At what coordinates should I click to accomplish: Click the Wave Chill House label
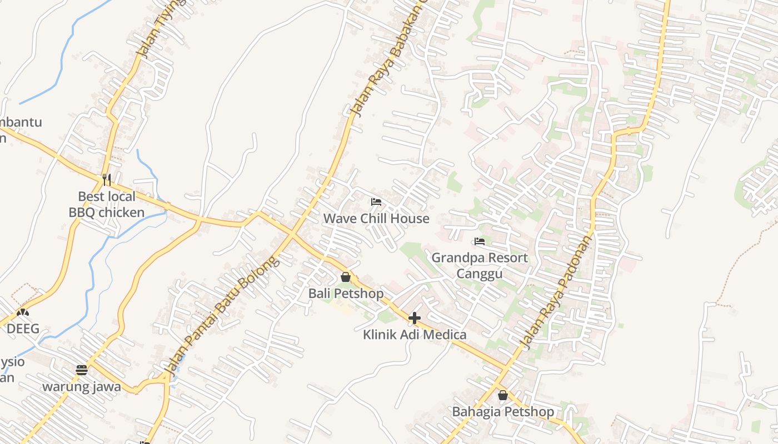(x=376, y=218)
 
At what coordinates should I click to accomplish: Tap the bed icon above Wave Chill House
(x=376, y=201)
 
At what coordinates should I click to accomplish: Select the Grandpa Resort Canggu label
(x=480, y=265)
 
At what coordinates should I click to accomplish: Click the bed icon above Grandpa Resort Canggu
(x=480, y=241)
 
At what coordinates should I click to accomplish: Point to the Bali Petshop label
(x=346, y=293)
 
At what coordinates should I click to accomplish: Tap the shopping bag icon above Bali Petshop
(x=346, y=276)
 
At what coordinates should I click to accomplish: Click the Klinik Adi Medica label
(x=415, y=335)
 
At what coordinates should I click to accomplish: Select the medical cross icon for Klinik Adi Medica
(x=415, y=318)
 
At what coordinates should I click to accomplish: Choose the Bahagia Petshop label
(x=503, y=412)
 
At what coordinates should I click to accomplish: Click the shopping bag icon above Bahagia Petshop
(x=503, y=395)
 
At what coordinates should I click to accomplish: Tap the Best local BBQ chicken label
(x=107, y=204)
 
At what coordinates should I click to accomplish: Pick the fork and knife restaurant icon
(x=107, y=179)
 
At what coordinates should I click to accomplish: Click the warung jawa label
(x=82, y=386)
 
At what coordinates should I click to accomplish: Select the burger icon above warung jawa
(x=82, y=370)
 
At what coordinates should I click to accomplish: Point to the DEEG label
(x=23, y=329)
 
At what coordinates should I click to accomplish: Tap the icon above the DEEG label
(x=23, y=313)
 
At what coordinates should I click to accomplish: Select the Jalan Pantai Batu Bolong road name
(x=221, y=316)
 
